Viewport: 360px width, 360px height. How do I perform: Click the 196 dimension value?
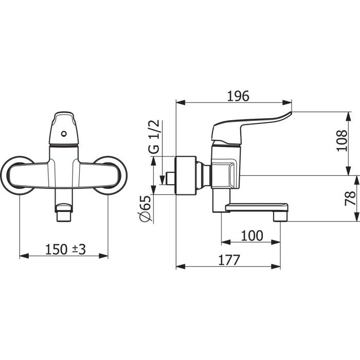click(x=238, y=96)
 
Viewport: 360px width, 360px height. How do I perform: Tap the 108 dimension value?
click(x=342, y=140)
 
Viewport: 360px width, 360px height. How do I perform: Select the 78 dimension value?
click(x=350, y=199)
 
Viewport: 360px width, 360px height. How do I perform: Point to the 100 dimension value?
click(x=252, y=236)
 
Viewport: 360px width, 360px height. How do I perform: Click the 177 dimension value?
click(x=229, y=260)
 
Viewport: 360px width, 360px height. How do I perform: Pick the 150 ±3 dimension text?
click(x=65, y=249)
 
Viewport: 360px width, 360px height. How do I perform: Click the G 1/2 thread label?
click(x=154, y=137)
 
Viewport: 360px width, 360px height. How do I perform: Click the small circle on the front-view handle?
click(x=64, y=134)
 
